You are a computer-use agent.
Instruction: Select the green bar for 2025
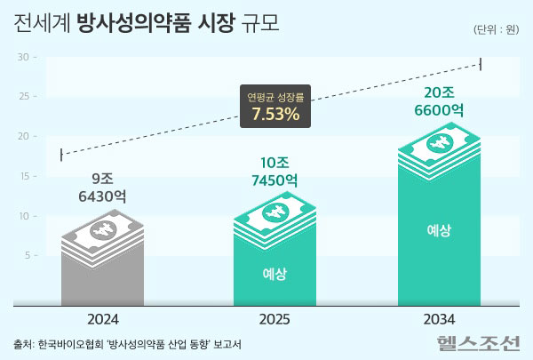pyautogui.click(x=273, y=267)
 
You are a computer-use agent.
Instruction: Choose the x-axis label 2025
pyautogui.click(x=273, y=317)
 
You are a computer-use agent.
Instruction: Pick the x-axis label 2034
pyautogui.click(x=439, y=317)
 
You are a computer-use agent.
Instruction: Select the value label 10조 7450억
pyautogui.click(x=272, y=172)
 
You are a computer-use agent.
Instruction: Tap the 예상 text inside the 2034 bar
pyautogui.click(x=439, y=230)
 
